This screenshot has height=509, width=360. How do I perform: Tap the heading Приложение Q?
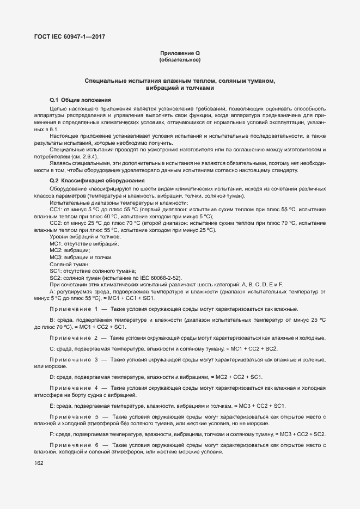[x=180, y=53]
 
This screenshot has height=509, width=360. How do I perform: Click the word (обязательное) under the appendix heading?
[x=180, y=59]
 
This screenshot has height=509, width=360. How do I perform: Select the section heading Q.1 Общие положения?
[x=80, y=100]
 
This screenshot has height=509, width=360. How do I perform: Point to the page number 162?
[x=39, y=463]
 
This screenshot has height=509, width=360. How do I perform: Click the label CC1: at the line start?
[x=56, y=209]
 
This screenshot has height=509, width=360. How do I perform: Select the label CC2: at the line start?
[x=56, y=223]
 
